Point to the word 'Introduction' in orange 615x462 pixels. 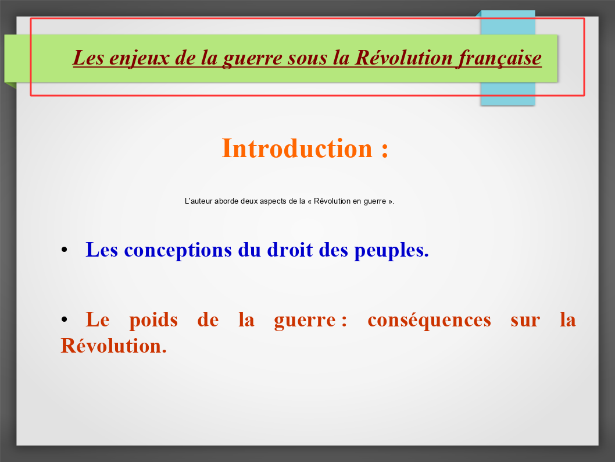point(297,148)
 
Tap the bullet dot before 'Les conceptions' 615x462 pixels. point(65,250)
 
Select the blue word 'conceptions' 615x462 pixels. point(178,250)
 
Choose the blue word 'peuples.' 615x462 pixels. point(391,250)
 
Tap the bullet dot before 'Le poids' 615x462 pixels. point(65,319)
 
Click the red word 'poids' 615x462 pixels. point(153,319)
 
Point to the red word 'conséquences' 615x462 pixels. point(429,320)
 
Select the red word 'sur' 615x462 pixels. point(525,321)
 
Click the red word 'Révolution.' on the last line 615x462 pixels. point(114,346)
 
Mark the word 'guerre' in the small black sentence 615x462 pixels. point(374,202)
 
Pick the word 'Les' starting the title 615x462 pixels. point(88,58)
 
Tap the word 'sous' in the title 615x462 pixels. point(307,59)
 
